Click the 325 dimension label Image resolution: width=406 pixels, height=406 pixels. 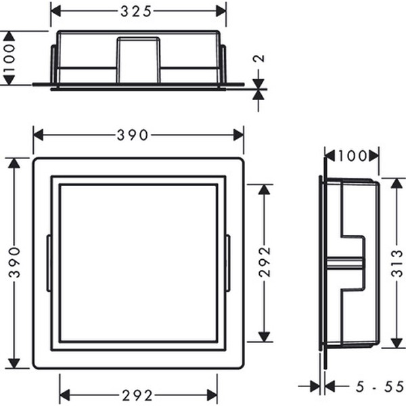[138, 11]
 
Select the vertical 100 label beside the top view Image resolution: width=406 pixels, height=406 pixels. [9, 58]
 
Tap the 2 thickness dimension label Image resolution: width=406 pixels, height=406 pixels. [258, 58]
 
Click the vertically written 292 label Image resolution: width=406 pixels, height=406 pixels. [264, 263]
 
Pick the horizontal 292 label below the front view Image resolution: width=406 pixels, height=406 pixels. [139, 395]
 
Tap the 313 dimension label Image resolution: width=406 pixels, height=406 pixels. [397, 262]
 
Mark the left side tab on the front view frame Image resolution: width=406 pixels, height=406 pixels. [49, 263]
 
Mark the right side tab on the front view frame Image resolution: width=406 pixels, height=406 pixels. [228, 263]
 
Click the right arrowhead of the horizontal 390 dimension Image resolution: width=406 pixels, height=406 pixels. [238, 135]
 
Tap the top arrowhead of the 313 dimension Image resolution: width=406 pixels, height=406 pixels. [397, 183]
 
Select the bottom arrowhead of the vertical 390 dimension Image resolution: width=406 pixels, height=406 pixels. [14, 363]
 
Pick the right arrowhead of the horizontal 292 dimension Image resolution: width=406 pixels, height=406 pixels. [212, 395]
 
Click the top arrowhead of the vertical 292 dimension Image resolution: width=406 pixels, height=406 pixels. [264, 189]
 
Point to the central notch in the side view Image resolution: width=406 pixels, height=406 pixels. [352, 263]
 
